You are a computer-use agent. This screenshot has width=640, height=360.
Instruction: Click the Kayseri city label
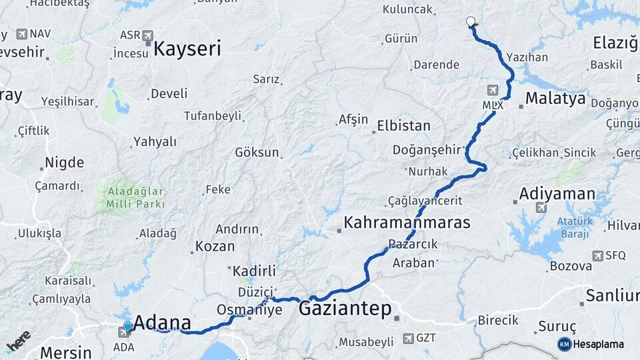click(x=187, y=48)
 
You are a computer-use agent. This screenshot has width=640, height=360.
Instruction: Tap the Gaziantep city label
click(x=345, y=309)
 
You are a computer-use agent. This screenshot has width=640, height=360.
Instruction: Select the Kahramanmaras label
click(x=407, y=223)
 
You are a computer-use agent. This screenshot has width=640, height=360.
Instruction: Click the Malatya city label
click(x=555, y=99)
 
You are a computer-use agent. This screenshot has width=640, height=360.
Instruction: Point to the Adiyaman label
click(x=557, y=194)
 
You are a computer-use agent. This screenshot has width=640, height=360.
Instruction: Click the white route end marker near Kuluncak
click(x=471, y=21)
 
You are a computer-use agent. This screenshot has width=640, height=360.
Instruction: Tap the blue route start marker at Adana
click(x=127, y=326)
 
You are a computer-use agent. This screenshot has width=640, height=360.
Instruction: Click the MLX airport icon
click(x=493, y=90)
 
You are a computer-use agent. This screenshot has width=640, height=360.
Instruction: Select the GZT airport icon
click(x=408, y=338)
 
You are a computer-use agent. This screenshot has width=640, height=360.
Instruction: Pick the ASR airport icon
click(x=147, y=35)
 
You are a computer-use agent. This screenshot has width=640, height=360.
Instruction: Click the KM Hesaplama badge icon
click(x=564, y=344)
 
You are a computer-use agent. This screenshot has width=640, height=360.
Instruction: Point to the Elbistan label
click(x=403, y=126)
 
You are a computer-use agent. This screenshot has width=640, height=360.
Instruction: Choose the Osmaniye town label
click(x=249, y=310)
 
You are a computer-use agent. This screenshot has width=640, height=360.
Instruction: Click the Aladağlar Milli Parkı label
click(x=130, y=197)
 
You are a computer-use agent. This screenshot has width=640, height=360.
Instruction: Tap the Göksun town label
click(x=257, y=152)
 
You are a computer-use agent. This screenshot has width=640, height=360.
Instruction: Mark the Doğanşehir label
click(x=427, y=149)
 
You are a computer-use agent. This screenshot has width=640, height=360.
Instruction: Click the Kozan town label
click(x=215, y=246)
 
